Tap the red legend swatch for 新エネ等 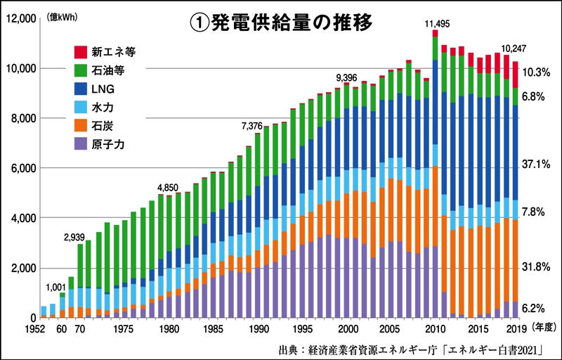(x=81, y=51)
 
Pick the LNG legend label (x=107, y=89)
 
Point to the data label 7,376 (x=251, y=126)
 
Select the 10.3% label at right (x=536, y=72)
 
